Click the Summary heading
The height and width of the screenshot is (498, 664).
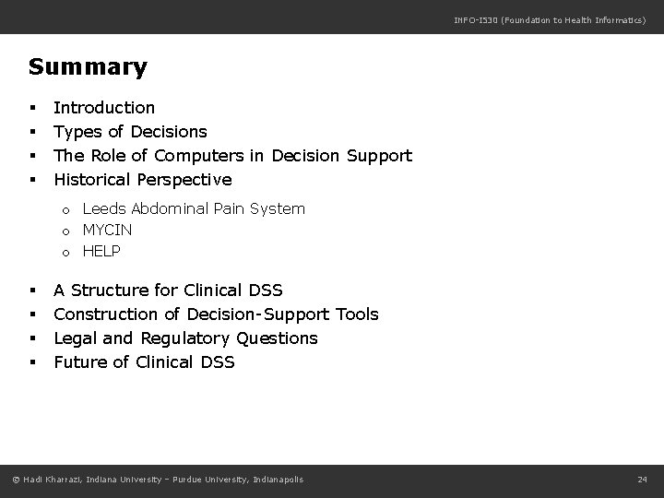(88, 67)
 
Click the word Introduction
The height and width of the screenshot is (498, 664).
(104, 108)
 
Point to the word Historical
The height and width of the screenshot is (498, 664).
(92, 179)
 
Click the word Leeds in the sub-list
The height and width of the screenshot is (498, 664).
(103, 209)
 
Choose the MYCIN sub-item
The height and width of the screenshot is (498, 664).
(108, 230)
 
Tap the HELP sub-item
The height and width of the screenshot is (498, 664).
(101, 251)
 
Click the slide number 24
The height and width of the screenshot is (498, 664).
(643, 479)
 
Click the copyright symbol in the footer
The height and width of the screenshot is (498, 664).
(17, 479)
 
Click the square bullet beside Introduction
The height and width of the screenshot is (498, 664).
(33, 109)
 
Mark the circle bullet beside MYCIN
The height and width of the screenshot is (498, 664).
(66, 231)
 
